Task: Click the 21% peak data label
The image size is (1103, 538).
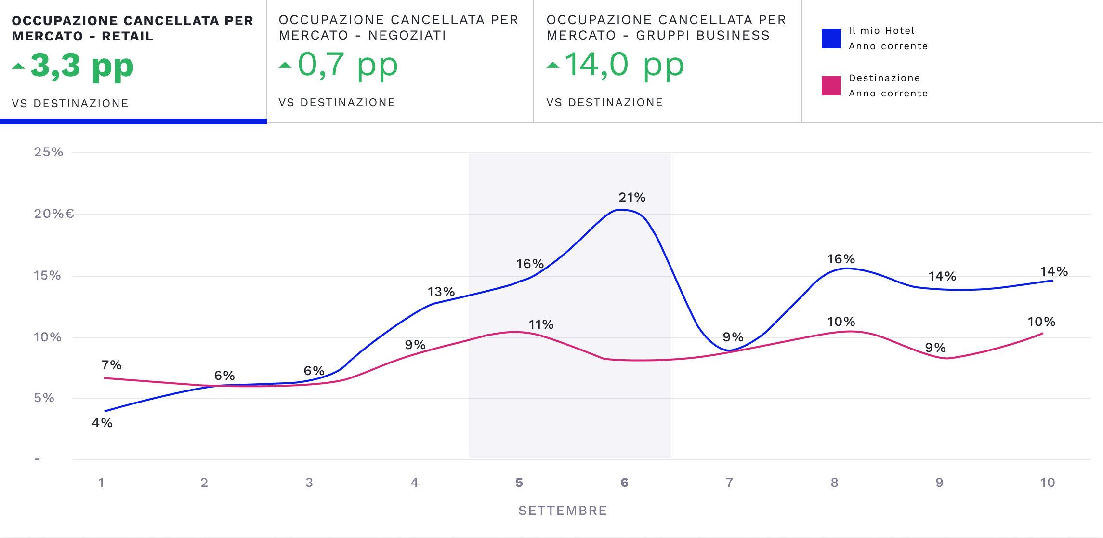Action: click(632, 197)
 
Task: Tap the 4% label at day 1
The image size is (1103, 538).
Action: click(102, 423)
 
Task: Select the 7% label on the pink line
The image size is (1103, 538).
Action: click(111, 365)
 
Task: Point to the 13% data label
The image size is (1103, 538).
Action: click(441, 292)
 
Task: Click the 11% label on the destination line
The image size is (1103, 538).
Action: click(541, 324)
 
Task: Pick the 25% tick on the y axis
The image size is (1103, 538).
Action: click(48, 152)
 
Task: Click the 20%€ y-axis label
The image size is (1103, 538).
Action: click(54, 214)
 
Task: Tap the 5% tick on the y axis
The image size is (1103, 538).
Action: click(44, 398)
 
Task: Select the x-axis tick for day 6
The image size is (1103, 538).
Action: click(624, 483)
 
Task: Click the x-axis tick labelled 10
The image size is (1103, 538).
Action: click(1047, 483)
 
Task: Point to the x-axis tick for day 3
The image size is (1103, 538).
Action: click(309, 483)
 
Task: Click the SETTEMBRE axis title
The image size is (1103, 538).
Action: click(563, 511)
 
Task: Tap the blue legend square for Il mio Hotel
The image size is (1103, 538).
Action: click(831, 39)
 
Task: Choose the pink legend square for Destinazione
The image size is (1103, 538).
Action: click(831, 86)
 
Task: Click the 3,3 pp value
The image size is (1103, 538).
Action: click(82, 66)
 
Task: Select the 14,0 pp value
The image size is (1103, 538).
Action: click(624, 65)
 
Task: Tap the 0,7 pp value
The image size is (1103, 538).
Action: click(348, 65)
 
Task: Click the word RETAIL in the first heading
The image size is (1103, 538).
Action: click(128, 36)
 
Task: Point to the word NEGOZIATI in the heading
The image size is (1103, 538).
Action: click(407, 35)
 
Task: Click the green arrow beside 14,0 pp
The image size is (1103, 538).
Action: click(553, 66)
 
